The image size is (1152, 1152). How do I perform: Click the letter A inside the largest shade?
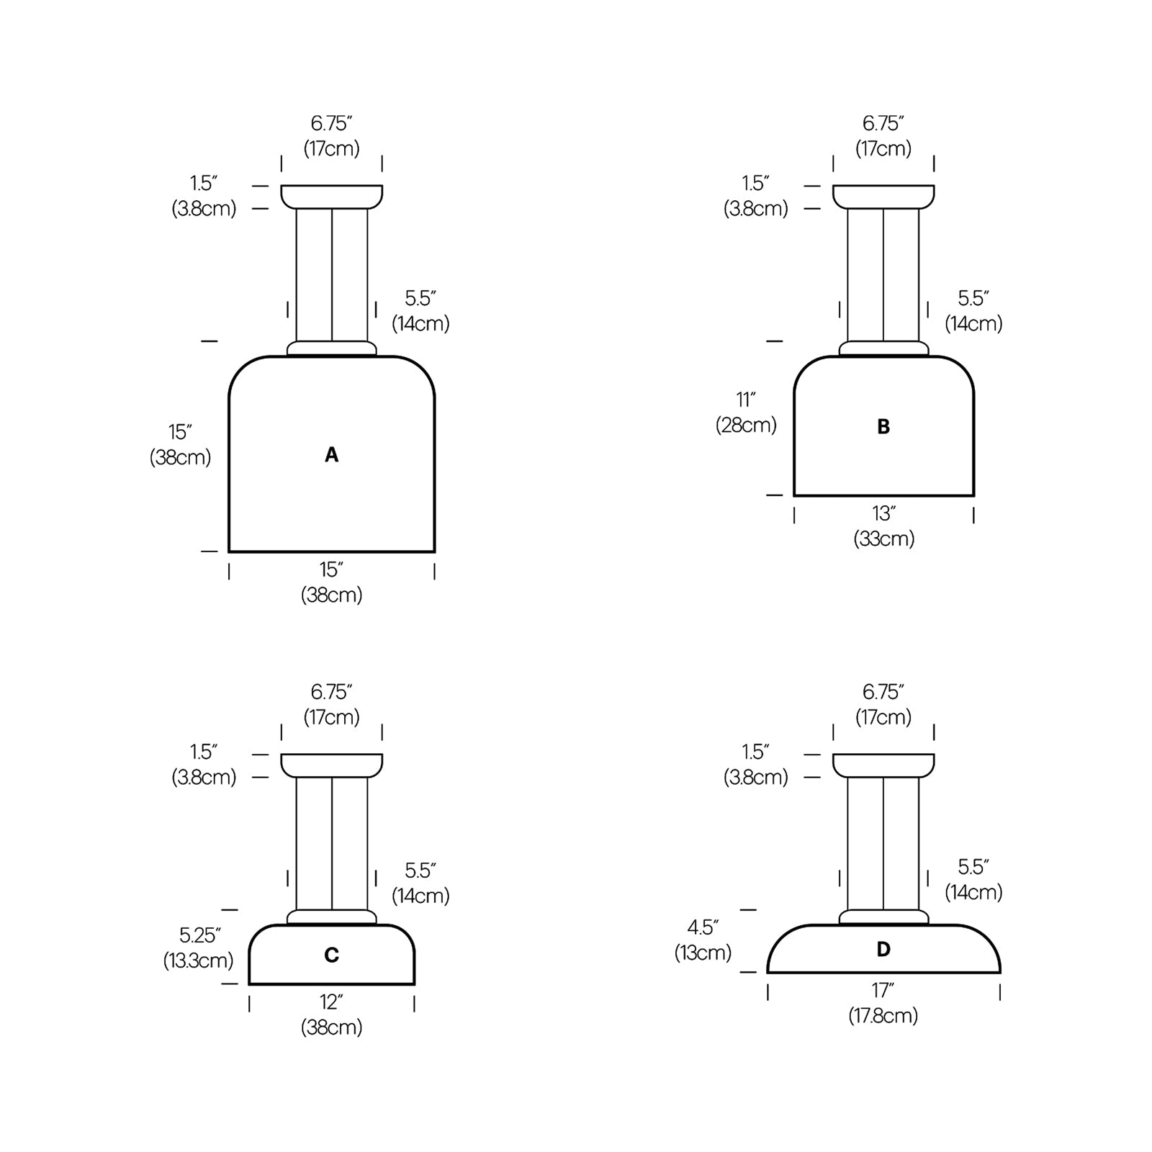[331, 455]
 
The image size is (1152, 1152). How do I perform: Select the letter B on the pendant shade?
[883, 427]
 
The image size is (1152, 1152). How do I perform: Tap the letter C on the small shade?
[331, 955]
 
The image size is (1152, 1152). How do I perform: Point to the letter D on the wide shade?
[883, 950]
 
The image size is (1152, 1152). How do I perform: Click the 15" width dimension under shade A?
[331, 570]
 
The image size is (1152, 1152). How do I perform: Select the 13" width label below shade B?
[883, 514]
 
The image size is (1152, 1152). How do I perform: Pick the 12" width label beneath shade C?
[331, 1002]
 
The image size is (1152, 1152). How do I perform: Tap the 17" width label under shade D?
[883, 991]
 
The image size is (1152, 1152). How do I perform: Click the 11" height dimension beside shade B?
[746, 400]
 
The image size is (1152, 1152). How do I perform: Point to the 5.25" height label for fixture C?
[199, 935]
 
